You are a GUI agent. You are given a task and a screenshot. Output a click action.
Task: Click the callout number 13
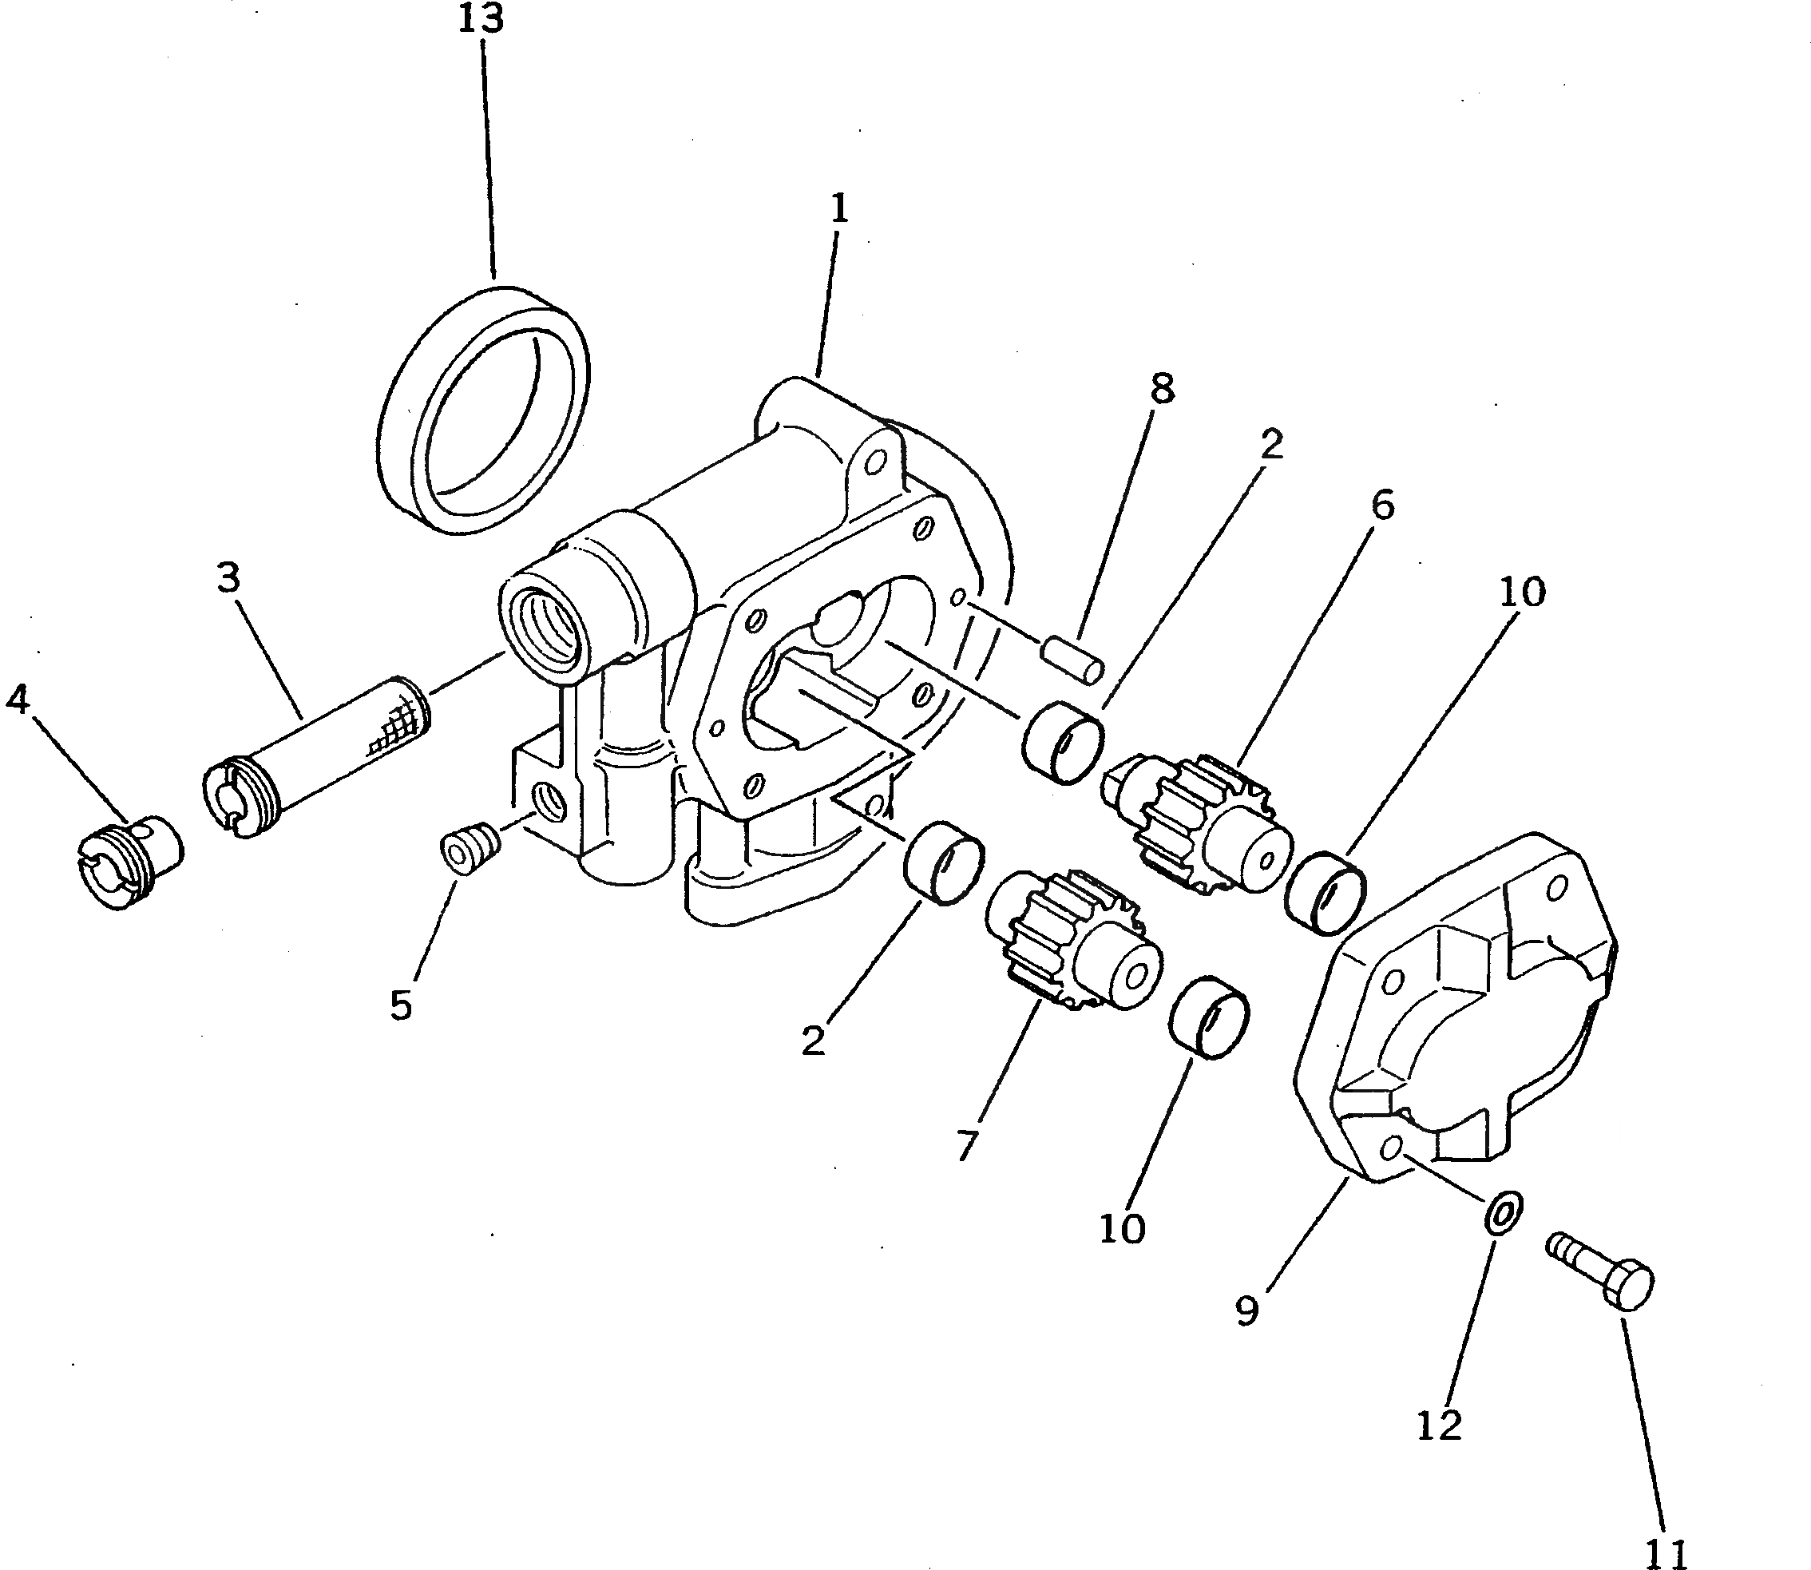tap(481, 19)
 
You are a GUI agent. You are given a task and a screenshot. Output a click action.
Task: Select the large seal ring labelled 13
tap(484, 409)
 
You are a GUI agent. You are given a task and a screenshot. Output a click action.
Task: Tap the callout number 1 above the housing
tap(838, 209)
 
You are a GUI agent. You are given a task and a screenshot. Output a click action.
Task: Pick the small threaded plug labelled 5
tap(469, 848)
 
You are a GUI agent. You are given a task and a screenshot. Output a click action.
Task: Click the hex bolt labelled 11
tap(1603, 1271)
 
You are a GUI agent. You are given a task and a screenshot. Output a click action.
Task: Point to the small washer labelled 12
tap(1504, 1213)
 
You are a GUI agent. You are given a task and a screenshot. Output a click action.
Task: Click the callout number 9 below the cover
tap(1246, 1310)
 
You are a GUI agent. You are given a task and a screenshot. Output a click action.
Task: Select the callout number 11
tap(1666, 1553)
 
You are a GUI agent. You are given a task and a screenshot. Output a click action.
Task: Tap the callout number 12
tap(1440, 1426)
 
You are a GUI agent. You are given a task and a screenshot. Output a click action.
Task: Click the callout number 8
tap(1162, 389)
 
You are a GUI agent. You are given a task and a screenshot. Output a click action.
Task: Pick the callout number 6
tap(1381, 505)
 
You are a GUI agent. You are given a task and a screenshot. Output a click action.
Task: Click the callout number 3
tap(228, 578)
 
